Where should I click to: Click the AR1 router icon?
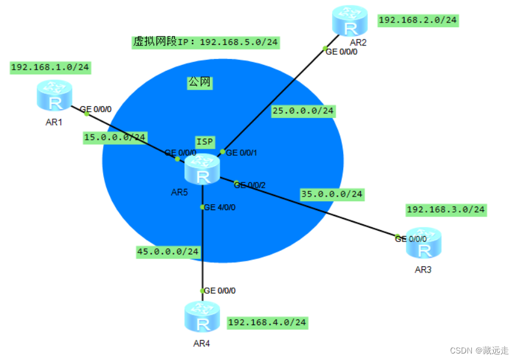(x=54, y=96)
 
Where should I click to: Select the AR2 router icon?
(x=349, y=21)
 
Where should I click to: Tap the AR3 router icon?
(x=423, y=243)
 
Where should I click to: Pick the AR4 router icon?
(x=202, y=317)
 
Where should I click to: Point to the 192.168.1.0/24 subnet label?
(x=50, y=67)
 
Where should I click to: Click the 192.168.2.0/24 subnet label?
(x=418, y=21)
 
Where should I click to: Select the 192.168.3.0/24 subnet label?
(x=446, y=210)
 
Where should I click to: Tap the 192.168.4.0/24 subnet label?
(x=268, y=322)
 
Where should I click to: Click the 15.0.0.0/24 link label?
(x=115, y=138)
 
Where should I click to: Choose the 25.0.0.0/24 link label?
(x=303, y=110)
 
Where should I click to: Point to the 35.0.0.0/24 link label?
(x=332, y=194)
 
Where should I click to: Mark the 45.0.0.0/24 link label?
(x=168, y=251)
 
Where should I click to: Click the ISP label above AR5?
(x=205, y=142)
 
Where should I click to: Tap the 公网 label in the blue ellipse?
(x=200, y=83)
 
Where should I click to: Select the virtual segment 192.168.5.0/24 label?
(x=206, y=42)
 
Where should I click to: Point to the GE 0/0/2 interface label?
(x=250, y=185)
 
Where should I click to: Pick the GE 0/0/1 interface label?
(x=242, y=152)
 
